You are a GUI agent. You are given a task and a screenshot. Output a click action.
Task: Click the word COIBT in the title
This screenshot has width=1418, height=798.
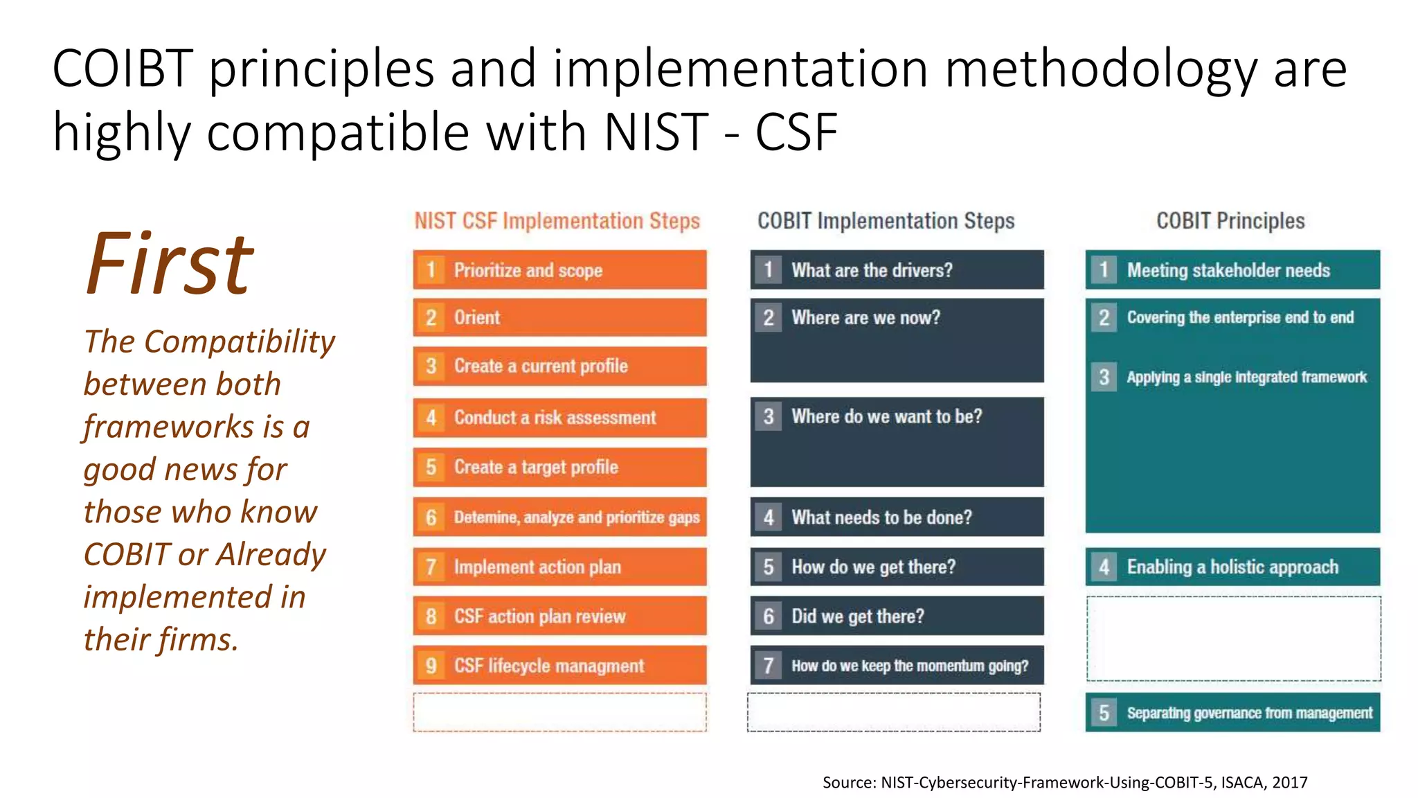click(x=122, y=69)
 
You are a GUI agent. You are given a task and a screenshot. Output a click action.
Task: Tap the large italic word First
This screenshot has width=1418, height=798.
click(x=170, y=265)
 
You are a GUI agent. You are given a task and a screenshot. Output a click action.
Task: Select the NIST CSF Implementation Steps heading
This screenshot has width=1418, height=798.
click(x=557, y=221)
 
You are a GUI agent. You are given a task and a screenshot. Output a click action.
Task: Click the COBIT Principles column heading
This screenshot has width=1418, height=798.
click(x=1230, y=221)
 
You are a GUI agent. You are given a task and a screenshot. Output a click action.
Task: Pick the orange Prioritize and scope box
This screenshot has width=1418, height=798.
click(x=559, y=270)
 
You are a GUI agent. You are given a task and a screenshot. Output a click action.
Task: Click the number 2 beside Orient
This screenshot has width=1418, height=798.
click(x=431, y=318)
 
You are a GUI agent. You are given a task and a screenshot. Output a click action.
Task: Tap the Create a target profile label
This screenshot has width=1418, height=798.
click(x=536, y=468)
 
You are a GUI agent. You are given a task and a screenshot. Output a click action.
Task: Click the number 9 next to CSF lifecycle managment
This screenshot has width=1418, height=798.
click(x=431, y=666)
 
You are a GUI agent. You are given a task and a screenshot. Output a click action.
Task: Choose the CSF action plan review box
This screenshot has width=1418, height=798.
click(x=559, y=617)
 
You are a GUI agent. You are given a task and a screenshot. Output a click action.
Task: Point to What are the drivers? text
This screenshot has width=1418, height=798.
click(x=872, y=270)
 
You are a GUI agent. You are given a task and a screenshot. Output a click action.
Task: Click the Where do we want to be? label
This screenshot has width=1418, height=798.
click(x=886, y=417)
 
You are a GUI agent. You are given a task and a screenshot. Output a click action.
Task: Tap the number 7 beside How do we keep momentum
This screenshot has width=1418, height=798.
click(x=769, y=666)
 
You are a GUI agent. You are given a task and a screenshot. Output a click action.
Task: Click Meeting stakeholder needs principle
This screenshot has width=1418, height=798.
click(x=1228, y=270)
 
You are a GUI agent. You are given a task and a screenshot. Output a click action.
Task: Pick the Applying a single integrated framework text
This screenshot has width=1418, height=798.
click(x=1246, y=378)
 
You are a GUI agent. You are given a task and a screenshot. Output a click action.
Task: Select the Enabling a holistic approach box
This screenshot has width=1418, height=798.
click(x=1232, y=567)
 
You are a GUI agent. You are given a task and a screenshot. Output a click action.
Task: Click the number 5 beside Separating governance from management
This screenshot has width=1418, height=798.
click(x=1104, y=713)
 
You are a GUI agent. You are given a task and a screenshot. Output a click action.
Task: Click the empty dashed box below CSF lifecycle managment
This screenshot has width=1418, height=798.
click(x=559, y=712)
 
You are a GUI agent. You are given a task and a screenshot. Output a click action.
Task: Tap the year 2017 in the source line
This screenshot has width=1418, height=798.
click(x=1289, y=783)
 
